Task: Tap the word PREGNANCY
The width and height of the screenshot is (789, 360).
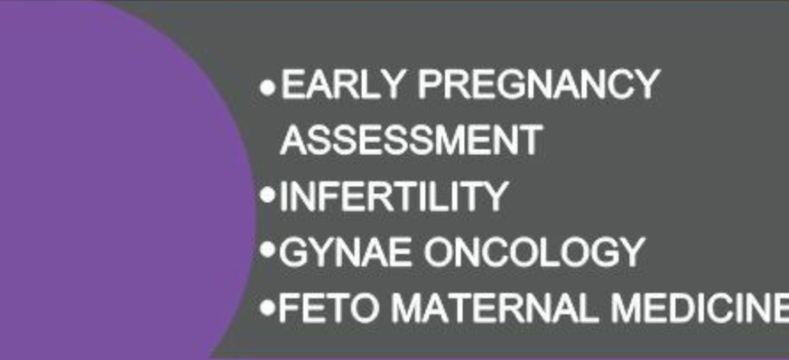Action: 539,84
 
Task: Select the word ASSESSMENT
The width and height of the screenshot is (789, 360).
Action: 411,140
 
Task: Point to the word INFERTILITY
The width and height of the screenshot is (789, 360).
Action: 394,196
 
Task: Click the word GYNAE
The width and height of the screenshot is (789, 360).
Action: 345,252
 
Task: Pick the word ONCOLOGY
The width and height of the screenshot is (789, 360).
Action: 534,252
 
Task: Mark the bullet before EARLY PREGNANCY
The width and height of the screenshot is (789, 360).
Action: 268,87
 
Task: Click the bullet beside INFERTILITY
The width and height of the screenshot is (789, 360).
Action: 268,195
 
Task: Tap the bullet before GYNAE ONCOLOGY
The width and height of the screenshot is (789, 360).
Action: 268,250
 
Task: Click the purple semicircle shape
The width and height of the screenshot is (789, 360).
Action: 116,180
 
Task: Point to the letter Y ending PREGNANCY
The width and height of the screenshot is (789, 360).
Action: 646,84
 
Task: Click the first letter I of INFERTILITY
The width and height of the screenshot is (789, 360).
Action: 284,196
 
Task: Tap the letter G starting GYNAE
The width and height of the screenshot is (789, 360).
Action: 293,252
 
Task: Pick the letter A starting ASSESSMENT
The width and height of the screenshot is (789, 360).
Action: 295,140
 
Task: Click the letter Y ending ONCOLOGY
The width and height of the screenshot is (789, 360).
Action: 630,252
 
